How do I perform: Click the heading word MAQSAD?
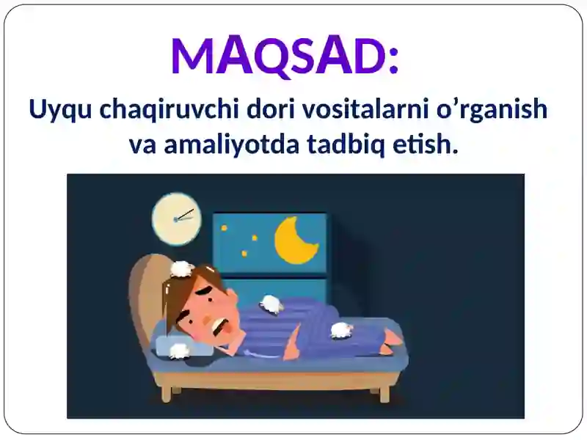(279, 56)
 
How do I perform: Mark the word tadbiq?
(346, 145)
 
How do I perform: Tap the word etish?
(426, 144)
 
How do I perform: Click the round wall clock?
(176, 219)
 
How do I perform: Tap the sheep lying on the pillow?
(178, 351)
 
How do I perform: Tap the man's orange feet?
(391, 340)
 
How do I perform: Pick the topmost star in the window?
(225, 227)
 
